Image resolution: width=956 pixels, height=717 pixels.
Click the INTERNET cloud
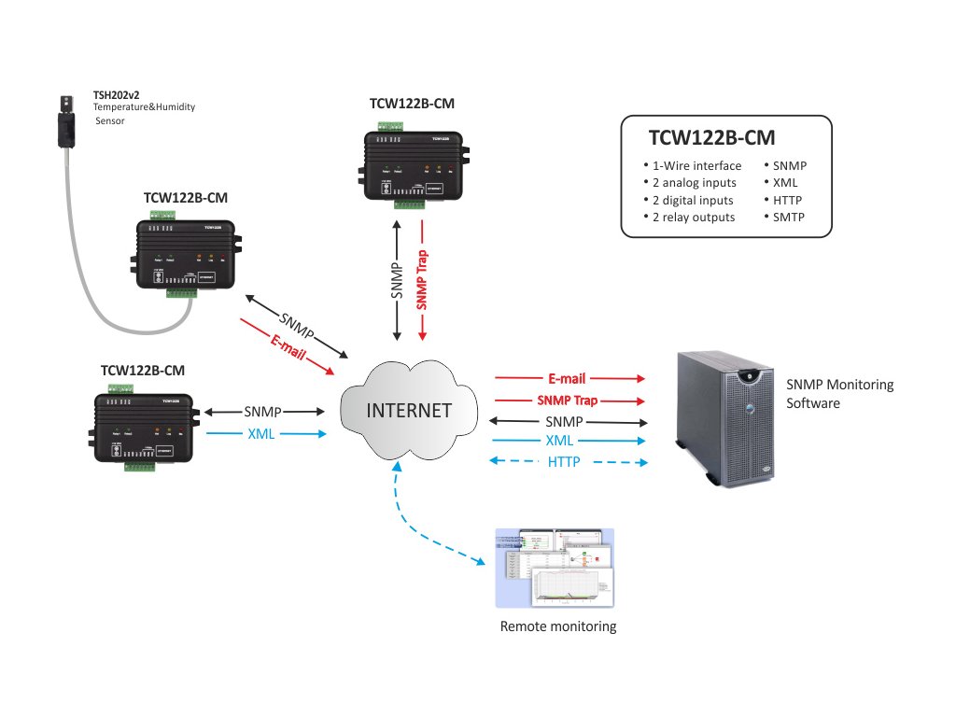pos(408,411)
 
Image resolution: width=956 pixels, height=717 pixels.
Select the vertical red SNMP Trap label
pos(422,279)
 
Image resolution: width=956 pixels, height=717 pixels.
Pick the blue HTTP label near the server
pos(564,462)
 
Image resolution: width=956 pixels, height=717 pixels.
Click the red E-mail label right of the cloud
pos(567,379)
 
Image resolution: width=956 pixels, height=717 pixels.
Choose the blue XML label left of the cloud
pos(261,433)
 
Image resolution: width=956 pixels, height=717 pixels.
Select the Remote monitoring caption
pos(558,626)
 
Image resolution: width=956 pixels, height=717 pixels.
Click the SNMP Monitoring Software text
pos(839,393)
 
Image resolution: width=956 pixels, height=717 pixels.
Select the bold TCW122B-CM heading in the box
pos(711,138)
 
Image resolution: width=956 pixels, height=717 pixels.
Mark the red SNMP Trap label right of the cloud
pos(567,401)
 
